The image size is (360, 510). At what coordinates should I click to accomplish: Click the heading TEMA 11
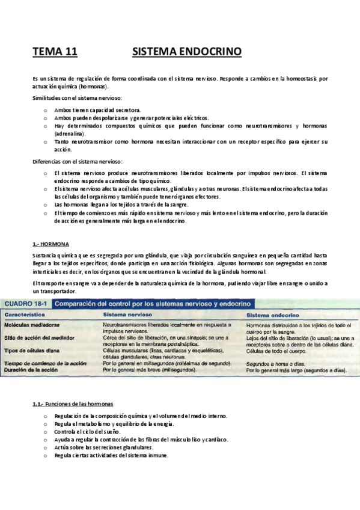pyautogui.click(x=55, y=52)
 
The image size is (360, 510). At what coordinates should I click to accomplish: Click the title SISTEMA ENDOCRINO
pyautogui.click(x=186, y=52)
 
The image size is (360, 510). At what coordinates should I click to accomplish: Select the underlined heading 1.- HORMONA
pyautogui.click(x=50, y=244)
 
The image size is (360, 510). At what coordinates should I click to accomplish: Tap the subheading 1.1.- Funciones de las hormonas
pyautogui.click(x=73, y=404)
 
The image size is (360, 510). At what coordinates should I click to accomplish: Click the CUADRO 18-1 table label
pyautogui.click(x=27, y=304)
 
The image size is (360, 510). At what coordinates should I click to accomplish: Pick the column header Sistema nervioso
pyautogui.click(x=127, y=315)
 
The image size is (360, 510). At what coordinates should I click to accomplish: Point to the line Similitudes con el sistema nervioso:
pyautogui.click(x=78, y=98)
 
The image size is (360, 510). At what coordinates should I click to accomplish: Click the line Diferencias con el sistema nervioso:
pyautogui.click(x=78, y=161)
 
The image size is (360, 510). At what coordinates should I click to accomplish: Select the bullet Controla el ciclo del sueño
pyautogui.click(x=87, y=432)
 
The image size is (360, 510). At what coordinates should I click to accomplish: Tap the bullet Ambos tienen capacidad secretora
pyautogui.click(x=97, y=110)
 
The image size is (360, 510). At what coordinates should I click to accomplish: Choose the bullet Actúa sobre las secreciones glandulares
pyautogui.click(x=103, y=447)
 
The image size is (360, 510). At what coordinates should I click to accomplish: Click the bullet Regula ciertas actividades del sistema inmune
pyautogui.click(x=111, y=455)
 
